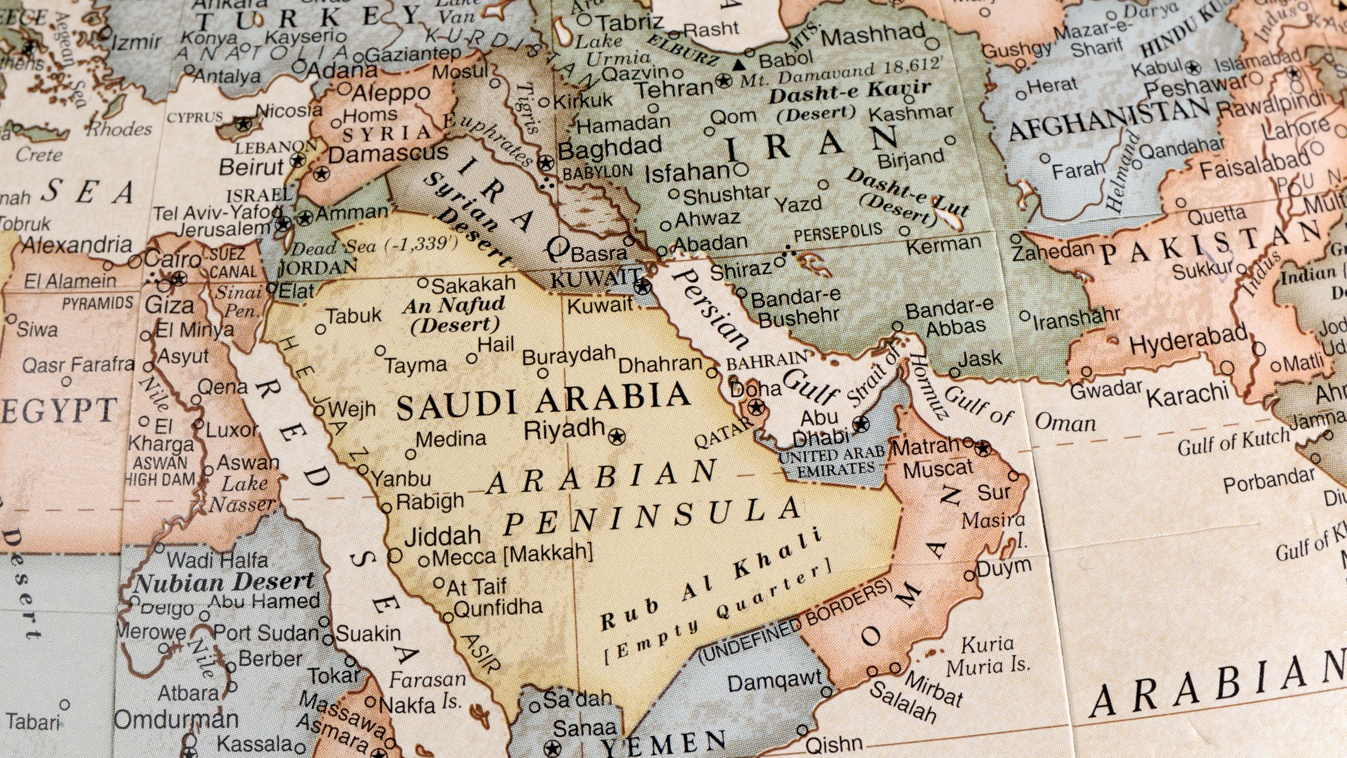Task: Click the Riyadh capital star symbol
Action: tap(618, 436)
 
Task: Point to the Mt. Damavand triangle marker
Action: tap(738, 65)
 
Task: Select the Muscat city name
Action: tap(938, 469)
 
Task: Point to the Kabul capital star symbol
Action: tap(1193, 67)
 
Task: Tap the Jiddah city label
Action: tap(442, 536)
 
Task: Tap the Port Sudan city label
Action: tap(266, 633)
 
